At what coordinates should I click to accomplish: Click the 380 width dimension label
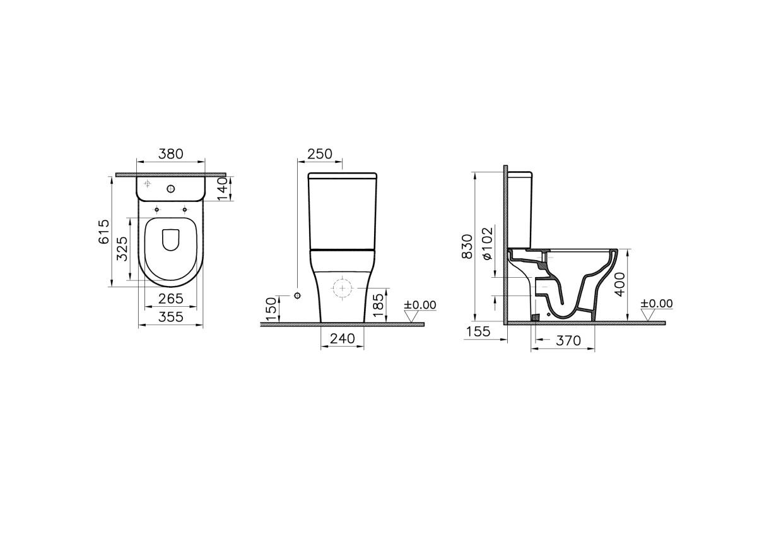[171, 154]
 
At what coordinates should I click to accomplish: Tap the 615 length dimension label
[104, 232]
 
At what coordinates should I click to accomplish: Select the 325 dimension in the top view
[122, 249]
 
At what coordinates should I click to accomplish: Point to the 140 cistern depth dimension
[223, 189]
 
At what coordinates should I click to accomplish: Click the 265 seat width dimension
[171, 299]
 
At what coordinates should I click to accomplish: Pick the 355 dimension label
[171, 317]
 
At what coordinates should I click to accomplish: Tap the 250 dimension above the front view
[320, 154]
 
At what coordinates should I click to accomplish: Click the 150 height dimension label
[271, 309]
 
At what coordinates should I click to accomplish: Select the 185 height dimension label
[379, 306]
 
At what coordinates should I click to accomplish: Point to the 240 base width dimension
[343, 338]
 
